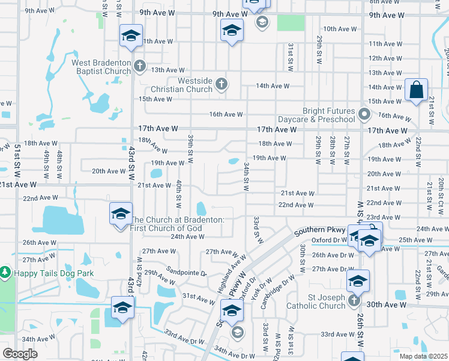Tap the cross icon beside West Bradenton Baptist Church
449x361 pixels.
coord(139,66)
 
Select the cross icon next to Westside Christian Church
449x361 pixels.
coord(221,84)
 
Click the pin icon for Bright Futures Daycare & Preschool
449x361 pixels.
coord(364,114)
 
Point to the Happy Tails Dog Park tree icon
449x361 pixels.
coord(5,273)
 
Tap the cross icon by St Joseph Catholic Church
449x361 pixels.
coord(354,300)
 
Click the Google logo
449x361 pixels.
coord(20,354)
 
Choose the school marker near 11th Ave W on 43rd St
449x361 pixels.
coord(131,36)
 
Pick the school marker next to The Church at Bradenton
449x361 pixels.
coord(120,214)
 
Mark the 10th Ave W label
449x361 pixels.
coord(340,29)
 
